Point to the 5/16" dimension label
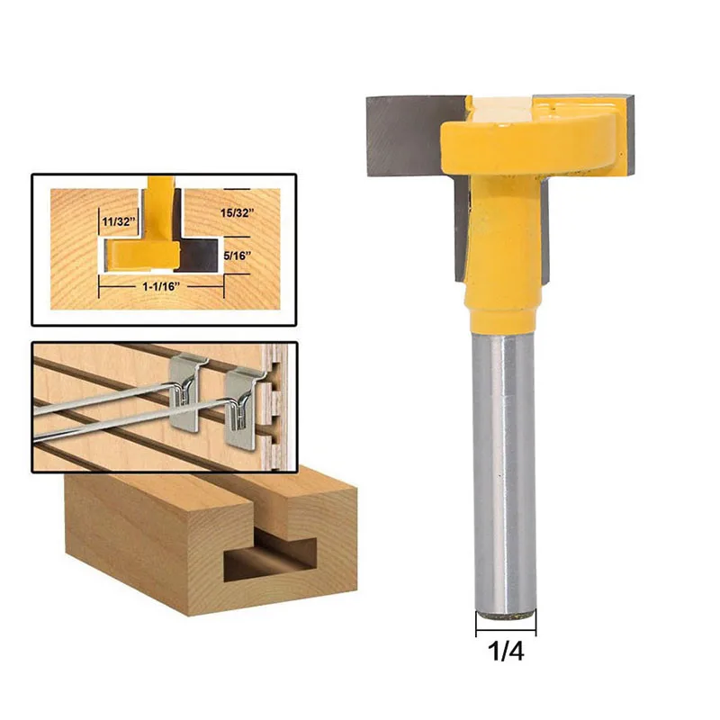point(238,254)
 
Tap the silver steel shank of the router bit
point(504,468)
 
